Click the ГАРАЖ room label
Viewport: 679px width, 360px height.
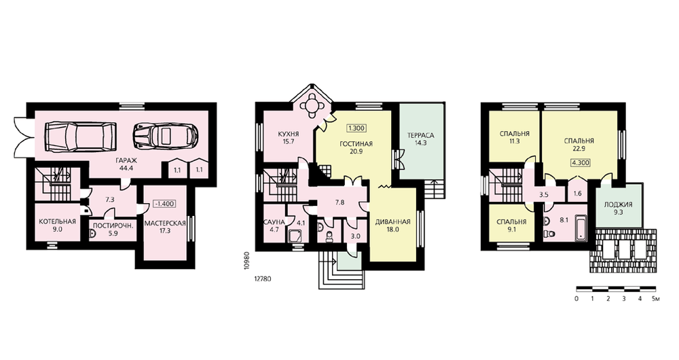(x=124, y=161)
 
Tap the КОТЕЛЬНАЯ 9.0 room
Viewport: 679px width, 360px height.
(x=57, y=226)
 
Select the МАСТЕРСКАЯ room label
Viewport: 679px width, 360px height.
(x=165, y=223)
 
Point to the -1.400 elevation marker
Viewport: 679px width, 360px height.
(x=164, y=204)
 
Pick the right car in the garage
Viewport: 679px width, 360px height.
(x=166, y=134)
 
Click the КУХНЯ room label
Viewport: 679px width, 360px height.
(x=289, y=134)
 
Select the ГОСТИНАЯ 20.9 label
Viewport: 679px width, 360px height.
(x=357, y=147)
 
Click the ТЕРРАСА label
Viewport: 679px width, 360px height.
(x=420, y=135)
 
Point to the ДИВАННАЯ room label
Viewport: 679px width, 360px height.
(x=392, y=222)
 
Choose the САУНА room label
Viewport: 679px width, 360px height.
(x=274, y=222)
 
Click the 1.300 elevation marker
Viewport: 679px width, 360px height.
(x=356, y=128)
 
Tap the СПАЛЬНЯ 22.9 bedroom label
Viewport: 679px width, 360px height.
(x=579, y=144)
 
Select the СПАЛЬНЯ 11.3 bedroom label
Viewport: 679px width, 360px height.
(x=514, y=137)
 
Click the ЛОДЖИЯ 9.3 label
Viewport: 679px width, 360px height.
(x=619, y=209)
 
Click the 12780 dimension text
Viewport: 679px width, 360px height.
(x=262, y=279)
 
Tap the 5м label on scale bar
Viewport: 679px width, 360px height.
(x=655, y=299)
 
